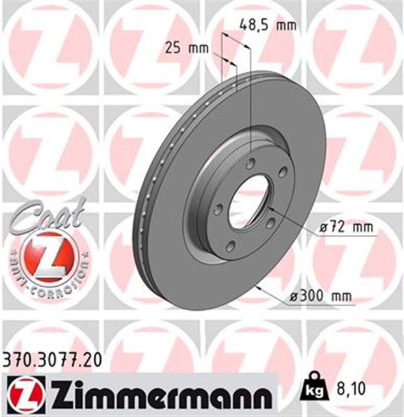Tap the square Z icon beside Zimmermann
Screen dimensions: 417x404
click(x=22, y=394)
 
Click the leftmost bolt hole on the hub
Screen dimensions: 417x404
click(x=219, y=209)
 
